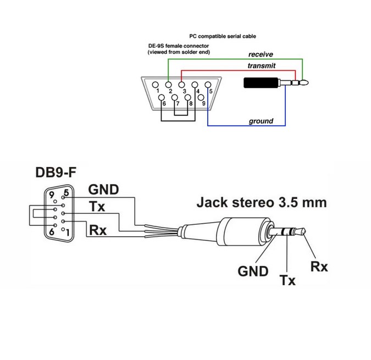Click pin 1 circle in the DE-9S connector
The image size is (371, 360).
[155, 85]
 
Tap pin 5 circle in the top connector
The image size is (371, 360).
[208, 85]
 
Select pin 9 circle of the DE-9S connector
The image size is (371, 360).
[201, 97]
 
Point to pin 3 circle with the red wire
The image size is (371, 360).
[181, 85]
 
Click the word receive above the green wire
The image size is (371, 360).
[261, 54]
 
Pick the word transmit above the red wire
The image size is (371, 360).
[262, 65]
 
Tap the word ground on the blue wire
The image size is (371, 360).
[261, 121]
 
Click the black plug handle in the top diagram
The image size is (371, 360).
[261, 83]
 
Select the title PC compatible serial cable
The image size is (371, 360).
[223, 36]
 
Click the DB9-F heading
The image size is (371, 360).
[56, 172]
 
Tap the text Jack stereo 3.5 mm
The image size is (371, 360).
[262, 202]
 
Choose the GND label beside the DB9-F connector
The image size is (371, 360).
[103, 190]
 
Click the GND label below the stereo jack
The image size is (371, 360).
[253, 271]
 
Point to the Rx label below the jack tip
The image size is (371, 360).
[319, 267]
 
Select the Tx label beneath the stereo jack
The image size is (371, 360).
[287, 280]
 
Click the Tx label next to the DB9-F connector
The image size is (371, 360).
[97, 206]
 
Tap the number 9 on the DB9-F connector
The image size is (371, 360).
[51, 195]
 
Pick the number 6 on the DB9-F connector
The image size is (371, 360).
[52, 231]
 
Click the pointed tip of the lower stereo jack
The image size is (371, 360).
[306, 231]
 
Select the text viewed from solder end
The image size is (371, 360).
[179, 52]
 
